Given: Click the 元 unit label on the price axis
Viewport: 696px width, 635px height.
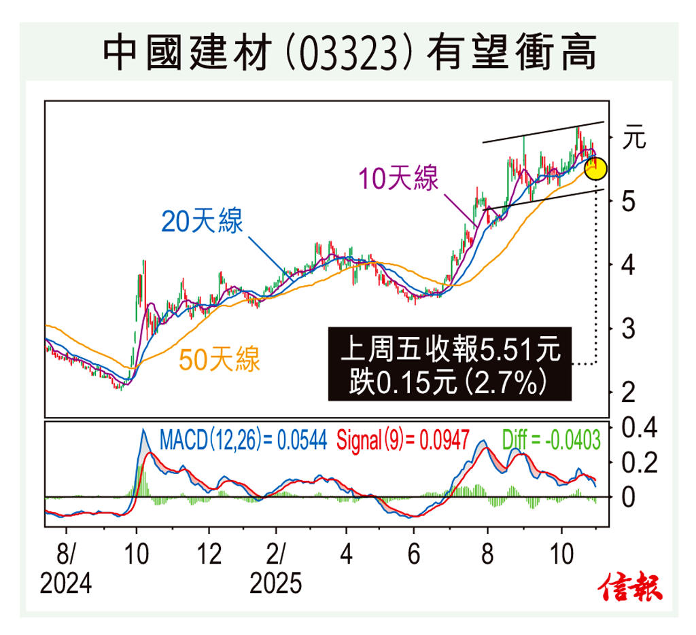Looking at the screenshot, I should coord(633,138).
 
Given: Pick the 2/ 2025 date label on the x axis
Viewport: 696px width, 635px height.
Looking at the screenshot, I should coord(275,569).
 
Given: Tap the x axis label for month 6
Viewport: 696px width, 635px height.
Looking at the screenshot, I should coord(413,554).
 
